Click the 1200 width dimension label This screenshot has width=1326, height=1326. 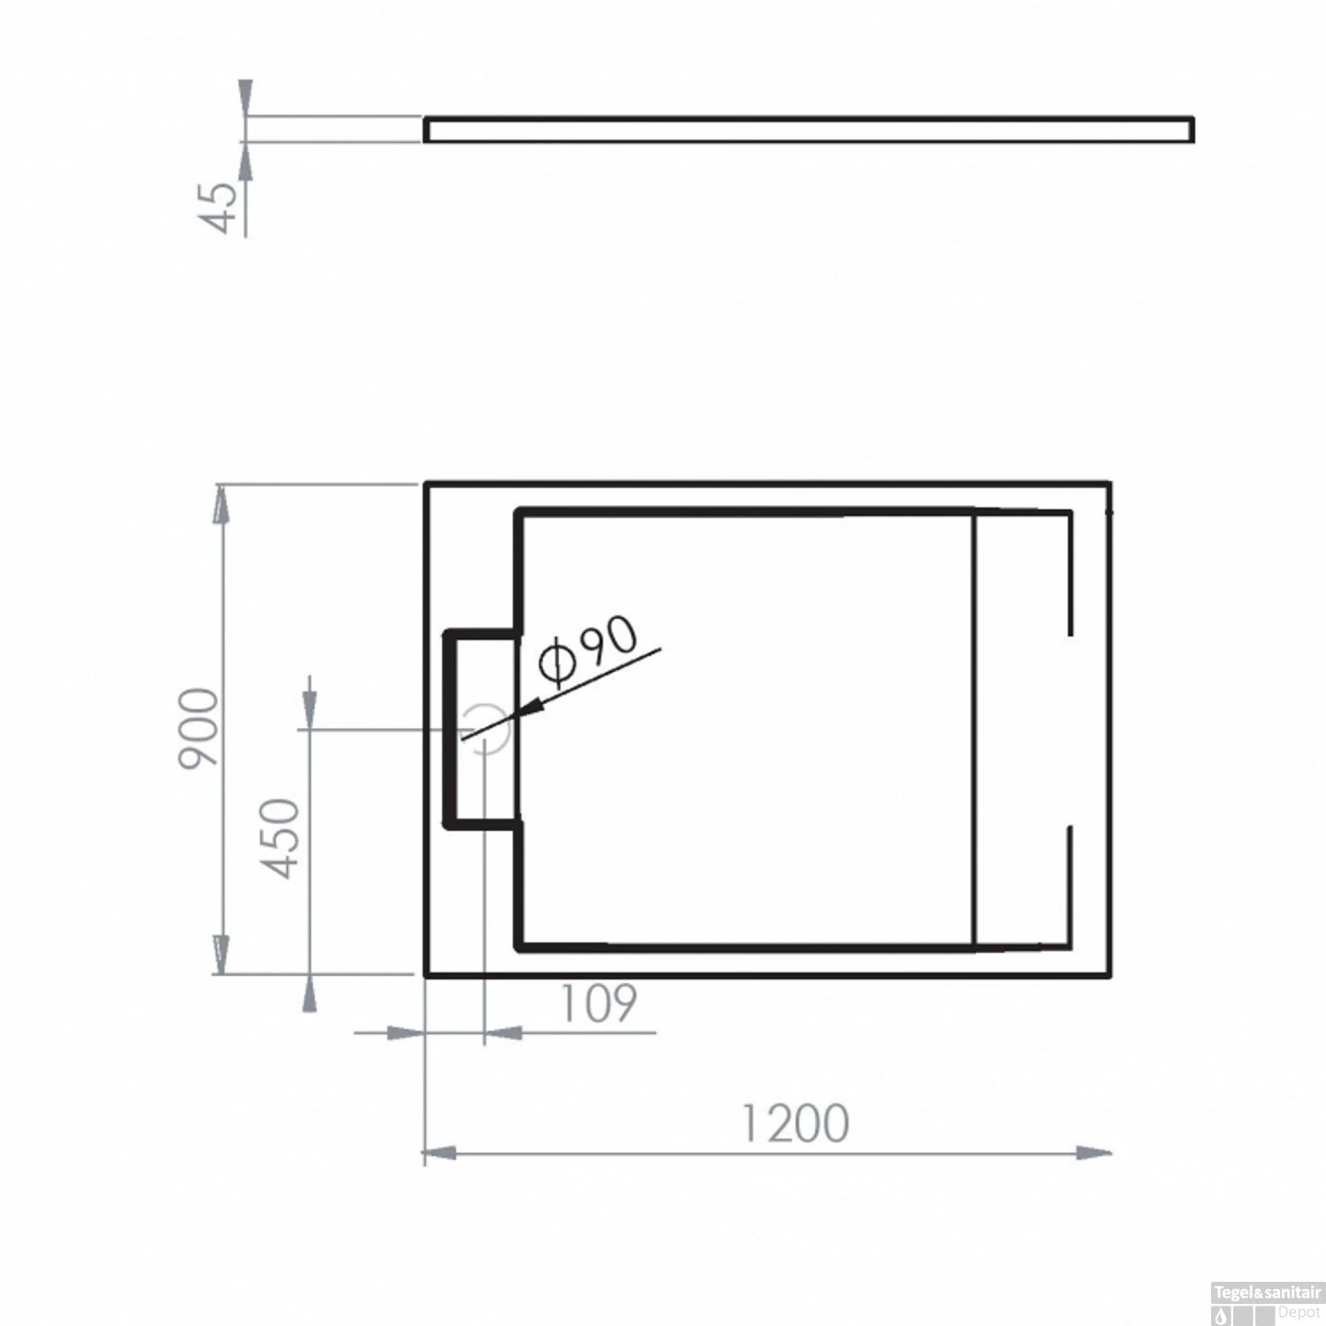(793, 1123)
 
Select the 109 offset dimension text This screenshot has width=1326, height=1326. (598, 1003)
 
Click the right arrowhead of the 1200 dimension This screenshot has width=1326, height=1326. (1096, 1153)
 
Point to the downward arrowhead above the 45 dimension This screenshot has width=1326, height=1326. (245, 97)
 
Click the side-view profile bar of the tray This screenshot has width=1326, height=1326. (808, 129)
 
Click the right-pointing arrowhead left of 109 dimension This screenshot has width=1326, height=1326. (407, 1032)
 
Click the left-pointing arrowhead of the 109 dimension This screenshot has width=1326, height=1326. (503, 1032)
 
